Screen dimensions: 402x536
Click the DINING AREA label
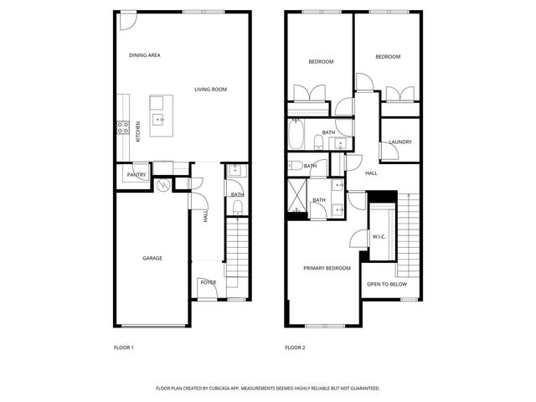(x=144, y=55)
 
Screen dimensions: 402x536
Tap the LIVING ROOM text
(x=210, y=90)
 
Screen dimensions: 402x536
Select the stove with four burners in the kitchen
(x=122, y=128)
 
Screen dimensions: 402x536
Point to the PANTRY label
(x=136, y=175)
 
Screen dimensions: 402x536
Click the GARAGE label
(x=152, y=258)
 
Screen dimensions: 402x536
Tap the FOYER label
(x=208, y=282)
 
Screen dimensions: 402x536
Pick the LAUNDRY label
(x=400, y=142)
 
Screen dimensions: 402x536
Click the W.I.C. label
(x=379, y=237)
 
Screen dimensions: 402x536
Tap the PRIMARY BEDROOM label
(x=327, y=268)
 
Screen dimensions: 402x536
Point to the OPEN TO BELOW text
(x=387, y=285)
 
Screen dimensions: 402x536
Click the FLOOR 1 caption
(x=123, y=348)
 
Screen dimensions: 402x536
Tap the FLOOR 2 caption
(x=295, y=348)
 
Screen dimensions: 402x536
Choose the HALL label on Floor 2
(x=371, y=173)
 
